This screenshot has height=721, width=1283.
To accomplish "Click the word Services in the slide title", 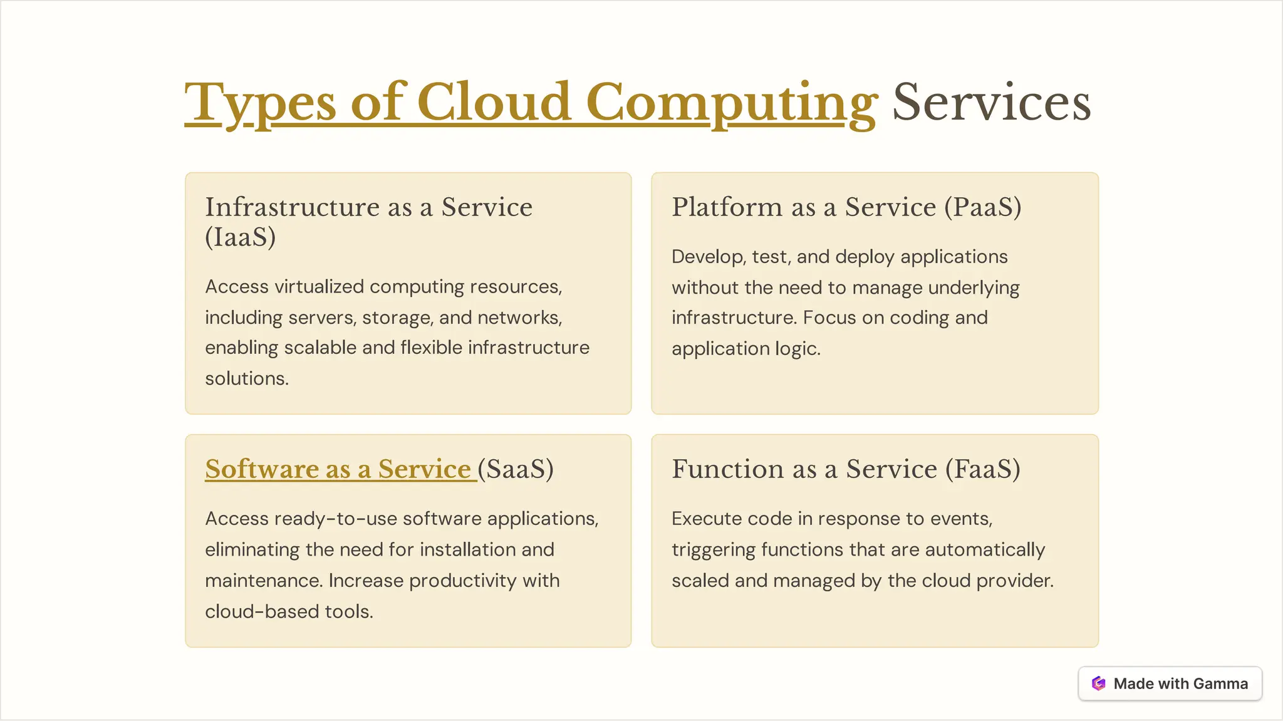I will pyautogui.click(x=992, y=102).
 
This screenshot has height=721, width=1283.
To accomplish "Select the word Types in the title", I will pyautogui.click(x=260, y=102).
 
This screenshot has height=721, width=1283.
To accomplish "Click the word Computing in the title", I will pyautogui.click(x=731, y=102).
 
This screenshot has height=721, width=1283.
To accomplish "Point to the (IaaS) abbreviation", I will pyautogui.click(x=241, y=237).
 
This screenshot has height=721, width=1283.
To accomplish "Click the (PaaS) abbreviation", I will pyautogui.click(x=983, y=207).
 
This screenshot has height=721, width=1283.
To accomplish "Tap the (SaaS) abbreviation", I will pyautogui.click(x=516, y=469).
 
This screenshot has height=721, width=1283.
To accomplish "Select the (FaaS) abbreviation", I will pyautogui.click(x=983, y=469).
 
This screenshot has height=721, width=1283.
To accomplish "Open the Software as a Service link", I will pyautogui.click(x=338, y=469).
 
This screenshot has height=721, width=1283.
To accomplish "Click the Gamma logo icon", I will pyautogui.click(x=1098, y=683).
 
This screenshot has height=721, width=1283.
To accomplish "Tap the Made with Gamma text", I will pyautogui.click(x=1180, y=683).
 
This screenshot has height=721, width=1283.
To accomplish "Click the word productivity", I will pyautogui.click(x=463, y=581).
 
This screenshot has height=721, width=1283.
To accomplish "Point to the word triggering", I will pyautogui.click(x=714, y=550).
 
